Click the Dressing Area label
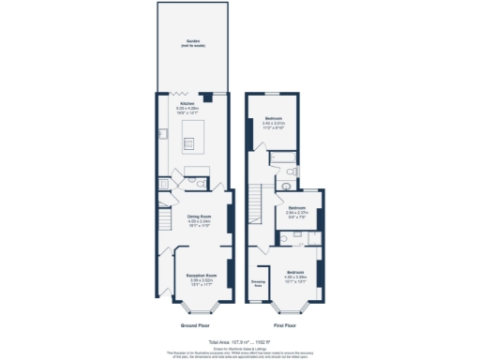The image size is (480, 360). [x=258, y=282]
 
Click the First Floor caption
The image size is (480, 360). [x=286, y=325]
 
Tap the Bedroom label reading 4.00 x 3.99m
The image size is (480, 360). [x=295, y=276]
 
